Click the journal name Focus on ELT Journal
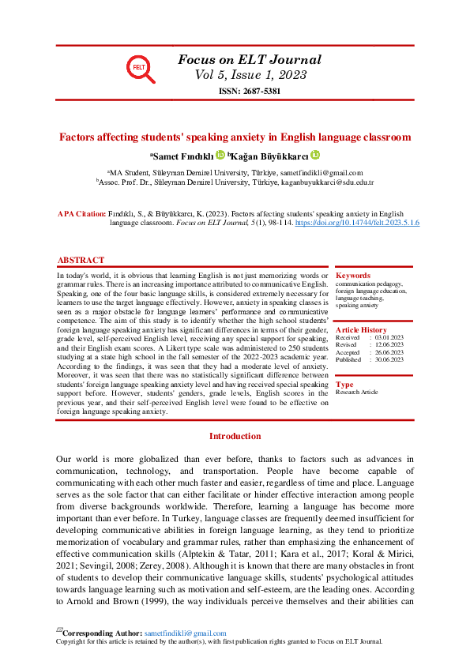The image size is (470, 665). tap(250, 60)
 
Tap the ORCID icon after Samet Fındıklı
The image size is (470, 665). tap(220, 156)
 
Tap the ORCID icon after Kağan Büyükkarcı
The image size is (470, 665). tap(315, 156)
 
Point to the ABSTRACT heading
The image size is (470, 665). tap(81, 261)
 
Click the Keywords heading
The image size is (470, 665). tap(352, 276)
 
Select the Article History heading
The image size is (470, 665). tap(361, 330)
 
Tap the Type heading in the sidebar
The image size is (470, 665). tap(344, 384)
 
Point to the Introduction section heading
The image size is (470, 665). tap(235, 436)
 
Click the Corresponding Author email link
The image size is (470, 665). tap(184, 633)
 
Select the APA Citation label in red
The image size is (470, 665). tap(81, 214)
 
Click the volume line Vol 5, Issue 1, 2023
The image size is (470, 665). tap(250, 76)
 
